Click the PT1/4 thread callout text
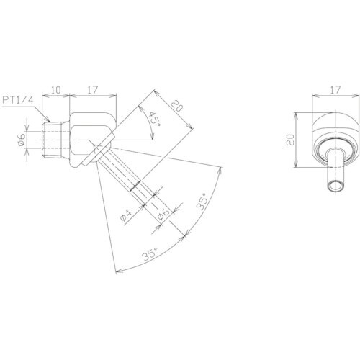18,100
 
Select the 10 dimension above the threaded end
55,90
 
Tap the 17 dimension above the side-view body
93,90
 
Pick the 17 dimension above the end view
336,90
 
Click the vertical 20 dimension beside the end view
290,140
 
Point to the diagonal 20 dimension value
177,106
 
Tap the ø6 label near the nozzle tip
163,215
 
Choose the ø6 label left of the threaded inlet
22,140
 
